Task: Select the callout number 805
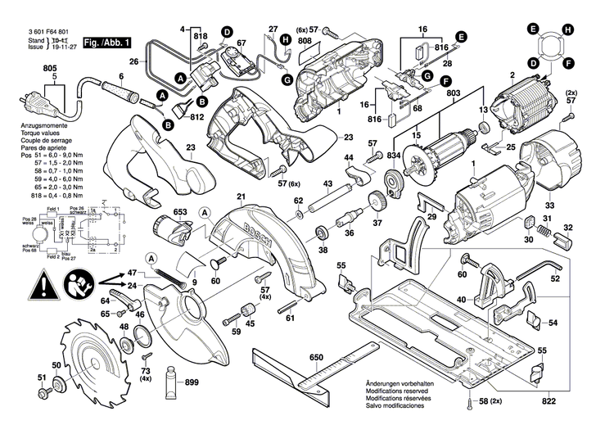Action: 51,68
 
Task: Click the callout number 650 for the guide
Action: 317,357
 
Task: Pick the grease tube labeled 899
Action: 173,381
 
